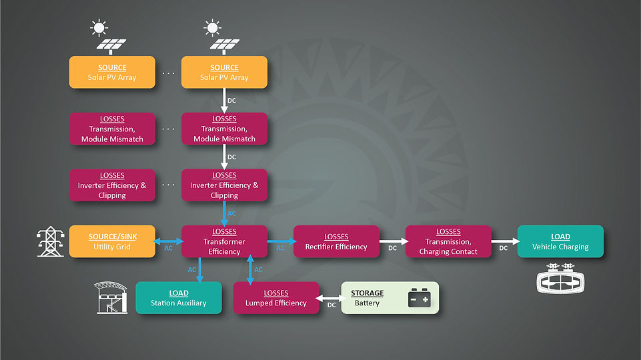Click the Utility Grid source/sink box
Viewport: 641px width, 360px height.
click(x=112, y=241)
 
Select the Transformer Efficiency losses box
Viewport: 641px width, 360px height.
click(x=224, y=241)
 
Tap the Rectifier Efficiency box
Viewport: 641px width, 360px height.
click(x=336, y=241)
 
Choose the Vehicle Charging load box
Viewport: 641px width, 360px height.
click(x=560, y=241)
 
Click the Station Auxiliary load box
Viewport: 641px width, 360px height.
click(x=179, y=298)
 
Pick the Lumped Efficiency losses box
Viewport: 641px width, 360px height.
click(x=276, y=298)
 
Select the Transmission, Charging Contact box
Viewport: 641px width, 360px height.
click(x=448, y=241)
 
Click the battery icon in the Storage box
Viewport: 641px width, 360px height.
click(x=419, y=297)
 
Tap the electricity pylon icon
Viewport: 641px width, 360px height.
click(x=51, y=241)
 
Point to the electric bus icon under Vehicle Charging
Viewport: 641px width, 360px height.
click(x=560, y=278)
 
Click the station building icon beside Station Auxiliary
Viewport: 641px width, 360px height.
click(x=111, y=297)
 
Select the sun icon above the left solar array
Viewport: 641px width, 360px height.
click(x=99, y=28)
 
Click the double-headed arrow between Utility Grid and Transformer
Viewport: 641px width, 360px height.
click(x=169, y=241)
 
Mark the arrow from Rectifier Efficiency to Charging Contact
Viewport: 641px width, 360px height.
click(x=394, y=241)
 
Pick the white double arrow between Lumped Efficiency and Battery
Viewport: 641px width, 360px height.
click(x=330, y=298)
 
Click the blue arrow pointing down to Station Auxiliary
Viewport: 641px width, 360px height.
click(x=199, y=270)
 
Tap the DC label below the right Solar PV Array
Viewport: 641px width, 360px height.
click(x=232, y=101)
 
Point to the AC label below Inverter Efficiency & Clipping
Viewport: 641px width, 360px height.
click(x=232, y=213)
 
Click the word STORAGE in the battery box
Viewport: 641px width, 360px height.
click(x=367, y=293)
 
